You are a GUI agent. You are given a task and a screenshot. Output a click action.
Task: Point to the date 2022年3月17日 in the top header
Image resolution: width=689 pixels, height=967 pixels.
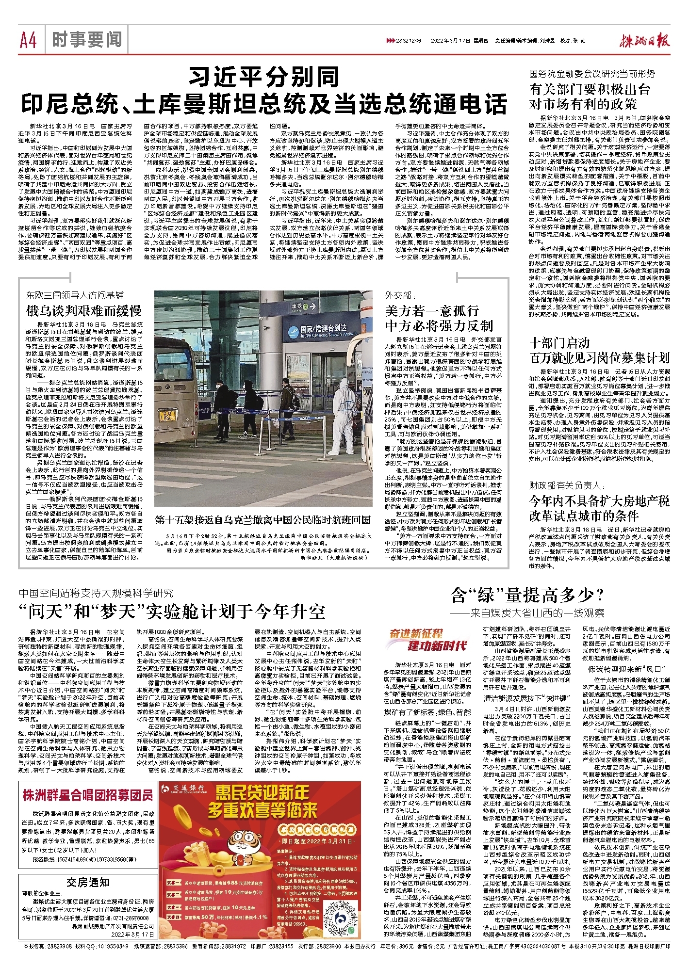coord(449,41)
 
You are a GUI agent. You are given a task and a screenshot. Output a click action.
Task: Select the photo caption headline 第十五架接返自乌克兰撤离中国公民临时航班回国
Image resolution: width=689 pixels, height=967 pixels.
coord(263,519)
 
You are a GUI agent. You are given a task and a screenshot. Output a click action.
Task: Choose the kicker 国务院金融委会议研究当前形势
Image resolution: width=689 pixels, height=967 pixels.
coord(591,74)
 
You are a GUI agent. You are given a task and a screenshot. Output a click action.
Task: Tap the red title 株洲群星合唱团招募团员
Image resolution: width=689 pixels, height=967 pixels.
coord(88,795)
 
